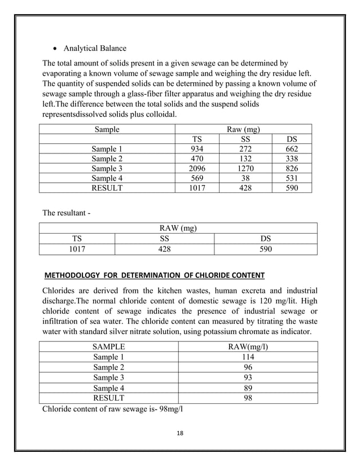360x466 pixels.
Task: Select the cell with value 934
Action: click(197, 149)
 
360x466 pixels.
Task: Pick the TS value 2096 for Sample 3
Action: click(197, 169)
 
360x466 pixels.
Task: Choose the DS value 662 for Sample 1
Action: click(292, 149)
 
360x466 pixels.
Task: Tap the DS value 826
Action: click(292, 169)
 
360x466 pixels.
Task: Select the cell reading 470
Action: click(197, 159)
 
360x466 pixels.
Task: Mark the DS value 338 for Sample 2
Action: click(292, 159)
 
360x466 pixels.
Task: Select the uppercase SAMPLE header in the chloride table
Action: click(108, 346)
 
